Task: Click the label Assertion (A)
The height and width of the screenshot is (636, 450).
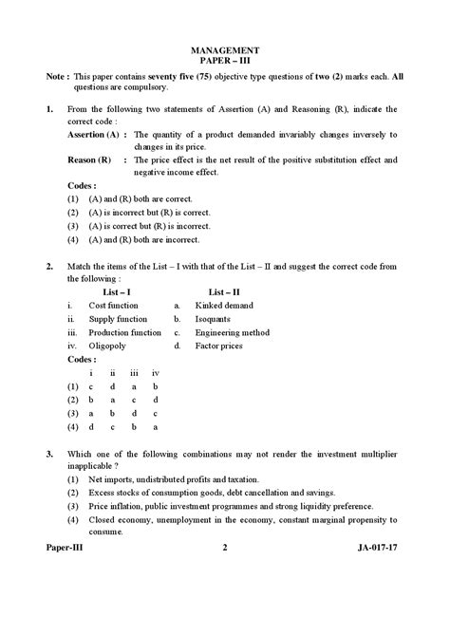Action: coord(95,136)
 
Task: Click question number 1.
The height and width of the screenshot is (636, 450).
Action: coord(48,110)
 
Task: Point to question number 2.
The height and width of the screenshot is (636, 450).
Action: coord(48,268)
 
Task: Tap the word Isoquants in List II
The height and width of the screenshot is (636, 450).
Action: coord(215,320)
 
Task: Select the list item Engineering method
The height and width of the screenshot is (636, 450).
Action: coord(233,333)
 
